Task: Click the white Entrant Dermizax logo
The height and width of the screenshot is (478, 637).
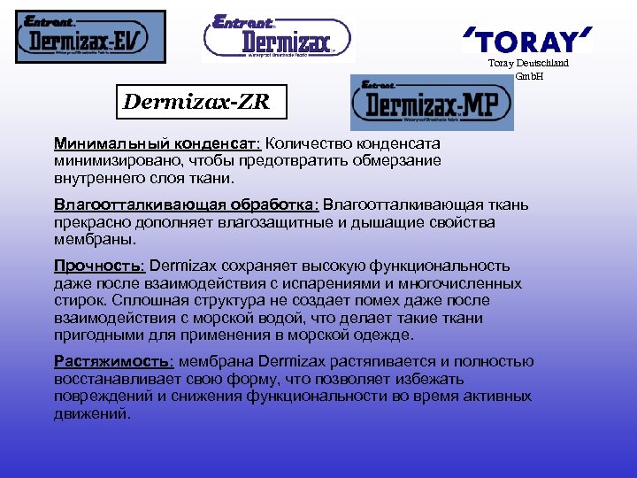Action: [x=278, y=37]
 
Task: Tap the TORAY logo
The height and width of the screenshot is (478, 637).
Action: [x=526, y=41]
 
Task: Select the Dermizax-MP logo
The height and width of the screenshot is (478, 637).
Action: [x=432, y=104]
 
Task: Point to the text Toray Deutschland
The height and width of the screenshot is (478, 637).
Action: [x=528, y=64]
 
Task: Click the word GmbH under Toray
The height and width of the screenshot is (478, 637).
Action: [x=528, y=76]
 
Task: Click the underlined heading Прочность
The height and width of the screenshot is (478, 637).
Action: [x=101, y=266]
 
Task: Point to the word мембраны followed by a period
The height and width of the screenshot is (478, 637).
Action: [x=96, y=239]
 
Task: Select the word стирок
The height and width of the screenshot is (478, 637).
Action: [x=77, y=301]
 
